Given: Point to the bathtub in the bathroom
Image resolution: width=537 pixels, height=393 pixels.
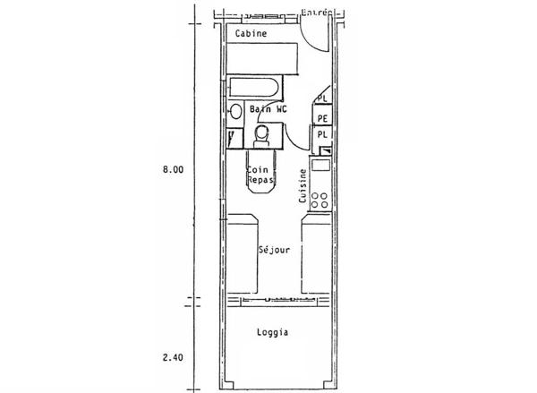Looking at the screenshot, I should tap(254, 89).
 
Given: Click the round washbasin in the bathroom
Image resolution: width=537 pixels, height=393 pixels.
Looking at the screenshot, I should tap(234, 113).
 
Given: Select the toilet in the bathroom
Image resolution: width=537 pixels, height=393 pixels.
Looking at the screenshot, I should tap(262, 133).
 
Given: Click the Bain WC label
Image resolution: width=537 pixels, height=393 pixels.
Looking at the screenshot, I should tap(268, 109).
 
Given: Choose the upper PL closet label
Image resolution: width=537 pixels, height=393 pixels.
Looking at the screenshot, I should tap(322, 98).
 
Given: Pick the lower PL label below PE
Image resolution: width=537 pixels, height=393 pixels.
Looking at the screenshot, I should tap(322, 134).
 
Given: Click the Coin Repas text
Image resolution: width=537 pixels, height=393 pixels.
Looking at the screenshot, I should tap(260, 172).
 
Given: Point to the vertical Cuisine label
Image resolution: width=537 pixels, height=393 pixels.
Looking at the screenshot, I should tap(304, 186).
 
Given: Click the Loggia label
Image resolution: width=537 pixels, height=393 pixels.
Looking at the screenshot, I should tap(271, 332).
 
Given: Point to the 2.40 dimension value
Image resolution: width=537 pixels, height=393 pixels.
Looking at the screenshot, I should tap(173, 357).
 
